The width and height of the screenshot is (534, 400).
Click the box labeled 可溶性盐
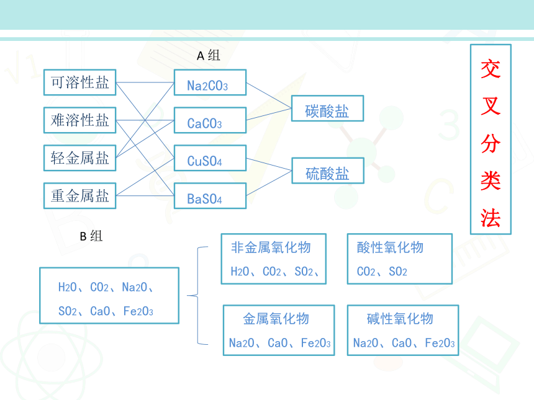coord(79,82)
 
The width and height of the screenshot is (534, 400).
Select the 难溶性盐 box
coord(79,120)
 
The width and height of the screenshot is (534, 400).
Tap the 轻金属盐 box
coord(79,158)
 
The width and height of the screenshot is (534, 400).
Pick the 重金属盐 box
coord(79,195)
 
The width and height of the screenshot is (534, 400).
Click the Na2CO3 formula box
coord(210,82)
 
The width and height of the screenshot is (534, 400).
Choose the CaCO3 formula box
coord(210,120)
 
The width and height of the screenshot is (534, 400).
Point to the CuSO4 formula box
coord(210,158)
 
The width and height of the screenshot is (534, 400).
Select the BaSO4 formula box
coord(210,195)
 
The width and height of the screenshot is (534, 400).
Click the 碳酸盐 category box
coord(328,108)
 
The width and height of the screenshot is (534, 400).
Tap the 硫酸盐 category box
coord(328,171)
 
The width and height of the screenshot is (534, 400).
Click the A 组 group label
coord(209,55)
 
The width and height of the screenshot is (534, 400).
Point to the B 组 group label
coord(91,236)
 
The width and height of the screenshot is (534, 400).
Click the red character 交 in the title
coord(491,69)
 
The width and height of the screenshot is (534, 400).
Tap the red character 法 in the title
coord(491,218)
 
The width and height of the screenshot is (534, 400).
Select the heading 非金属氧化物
coord(271,247)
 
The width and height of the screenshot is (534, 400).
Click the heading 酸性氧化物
coord(390,247)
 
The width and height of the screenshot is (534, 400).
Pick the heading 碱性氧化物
coord(400,319)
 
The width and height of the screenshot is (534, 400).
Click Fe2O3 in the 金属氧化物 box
coord(315,343)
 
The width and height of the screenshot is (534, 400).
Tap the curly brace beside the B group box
coord(198,296)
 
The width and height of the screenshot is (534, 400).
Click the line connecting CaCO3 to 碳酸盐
coord(269,114)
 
